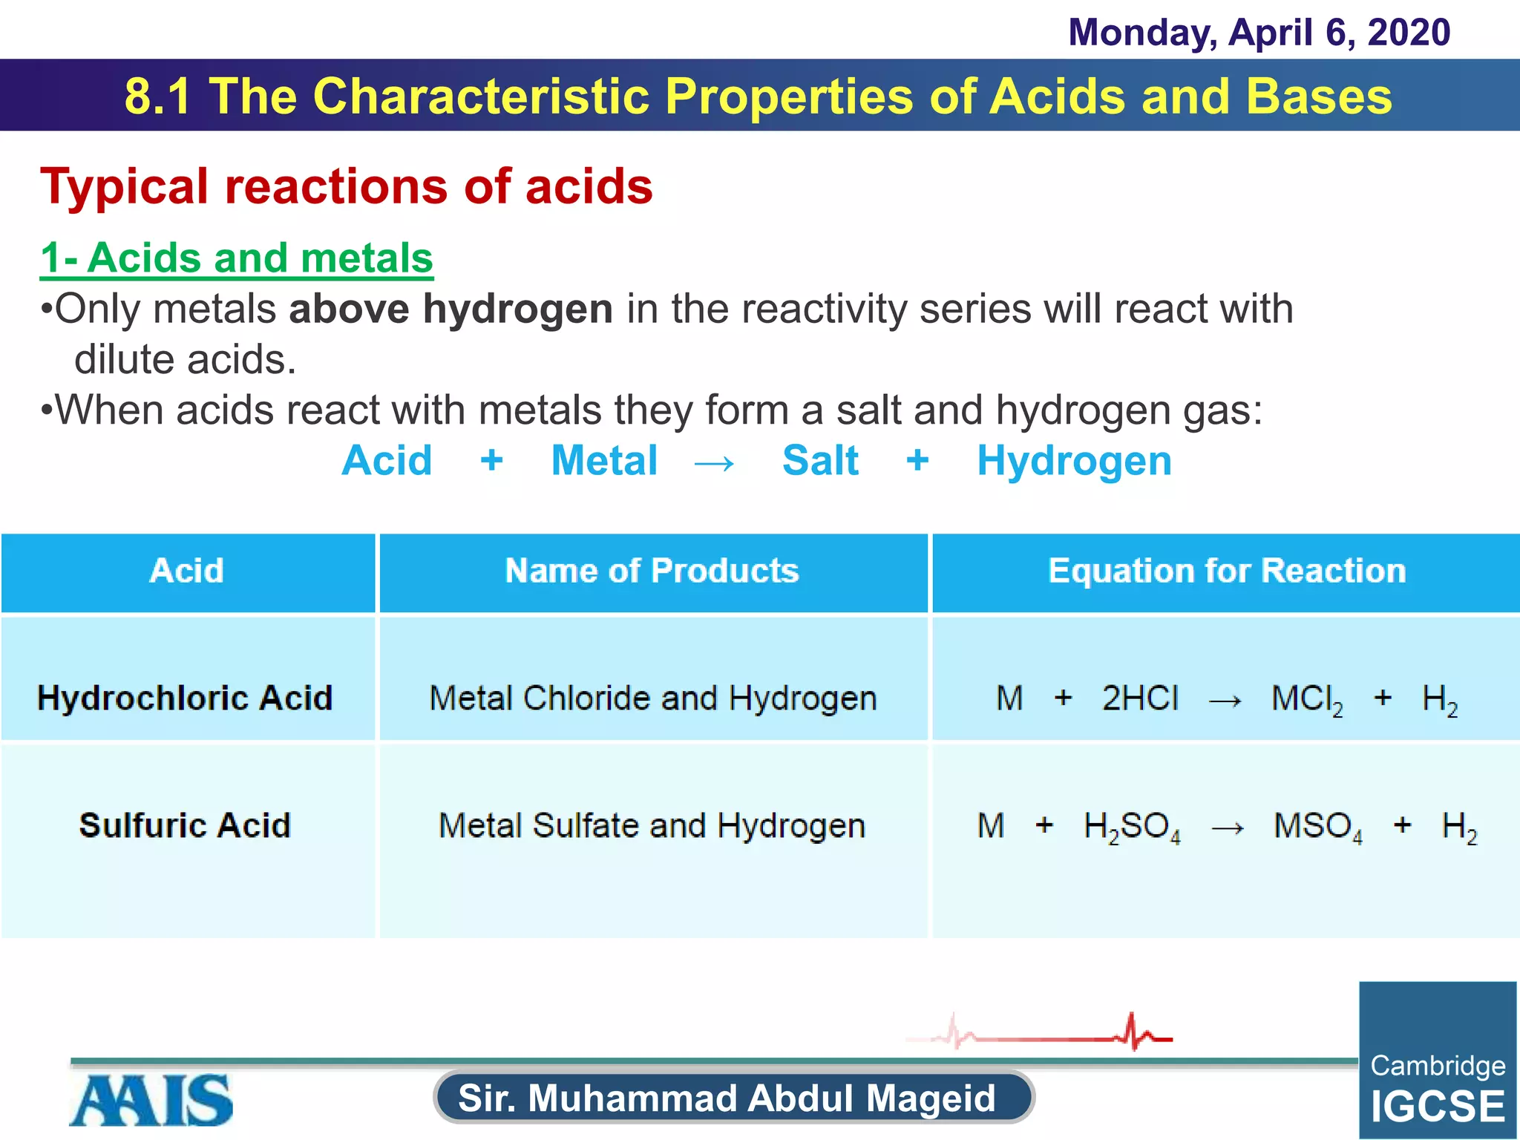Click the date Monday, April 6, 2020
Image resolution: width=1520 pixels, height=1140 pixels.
pos(1259,33)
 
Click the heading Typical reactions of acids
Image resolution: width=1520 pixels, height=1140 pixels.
pos(347,186)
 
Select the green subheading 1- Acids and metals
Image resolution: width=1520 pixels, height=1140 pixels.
pos(237,258)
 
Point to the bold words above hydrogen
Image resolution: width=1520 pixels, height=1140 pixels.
pos(451,309)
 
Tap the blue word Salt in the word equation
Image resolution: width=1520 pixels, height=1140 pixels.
pos(820,461)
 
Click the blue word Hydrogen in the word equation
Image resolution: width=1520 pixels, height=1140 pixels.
pos(1074,461)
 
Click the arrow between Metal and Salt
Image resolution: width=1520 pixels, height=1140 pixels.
pos(714,464)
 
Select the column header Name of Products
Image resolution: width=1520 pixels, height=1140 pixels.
pos(652,571)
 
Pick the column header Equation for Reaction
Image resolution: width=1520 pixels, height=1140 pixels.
pos(1227,571)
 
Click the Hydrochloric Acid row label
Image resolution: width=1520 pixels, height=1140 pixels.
pos(185,698)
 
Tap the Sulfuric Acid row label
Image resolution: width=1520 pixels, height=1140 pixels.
pos(185,825)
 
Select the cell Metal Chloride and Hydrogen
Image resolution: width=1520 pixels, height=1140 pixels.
pos(653,698)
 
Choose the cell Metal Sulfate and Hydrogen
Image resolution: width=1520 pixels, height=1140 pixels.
pos(652,825)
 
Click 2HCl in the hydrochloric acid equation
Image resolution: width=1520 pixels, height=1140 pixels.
pos(1140,698)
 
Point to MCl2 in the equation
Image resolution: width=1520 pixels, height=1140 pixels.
pos(1307,700)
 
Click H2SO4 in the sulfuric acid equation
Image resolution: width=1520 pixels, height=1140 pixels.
pos(1132,827)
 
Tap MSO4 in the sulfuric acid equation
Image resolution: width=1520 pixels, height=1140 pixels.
pos(1318,827)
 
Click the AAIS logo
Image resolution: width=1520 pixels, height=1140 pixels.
pos(151,1100)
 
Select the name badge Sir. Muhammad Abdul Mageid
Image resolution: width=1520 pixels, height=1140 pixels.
pos(733,1098)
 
